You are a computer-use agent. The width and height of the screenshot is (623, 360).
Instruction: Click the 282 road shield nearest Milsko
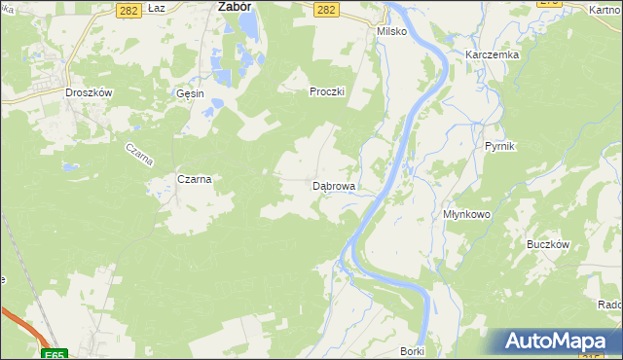tap(327, 9)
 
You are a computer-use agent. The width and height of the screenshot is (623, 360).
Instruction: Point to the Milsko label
tap(390, 31)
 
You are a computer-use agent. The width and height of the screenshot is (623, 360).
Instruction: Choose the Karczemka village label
tap(492, 55)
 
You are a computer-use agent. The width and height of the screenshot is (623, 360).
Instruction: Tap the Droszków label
tap(90, 92)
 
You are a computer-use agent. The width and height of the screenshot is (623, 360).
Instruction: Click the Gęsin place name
tap(190, 93)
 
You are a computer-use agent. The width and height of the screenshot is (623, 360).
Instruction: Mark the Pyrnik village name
tap(499, 146)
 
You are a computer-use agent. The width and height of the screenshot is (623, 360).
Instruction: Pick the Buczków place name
tap(547, 245)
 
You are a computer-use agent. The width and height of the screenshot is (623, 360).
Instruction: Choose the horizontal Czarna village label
tap(194, 179)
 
